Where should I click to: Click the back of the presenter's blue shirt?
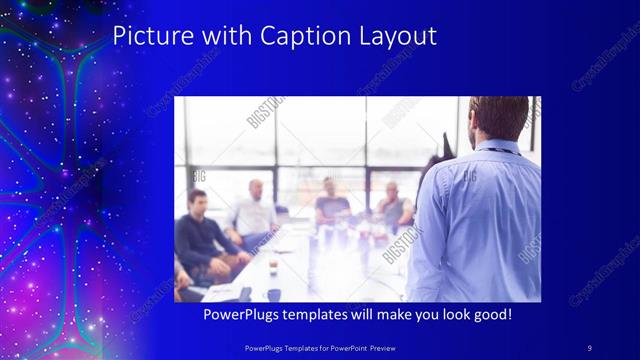(479, 220)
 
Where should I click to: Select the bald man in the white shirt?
(255, 211)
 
